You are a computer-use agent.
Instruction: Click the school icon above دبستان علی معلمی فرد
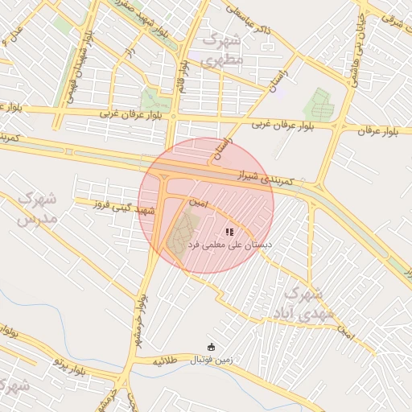tap(229, 232)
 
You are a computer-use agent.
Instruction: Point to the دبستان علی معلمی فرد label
tap(230, 243)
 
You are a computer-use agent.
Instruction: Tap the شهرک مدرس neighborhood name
tap(36, 208)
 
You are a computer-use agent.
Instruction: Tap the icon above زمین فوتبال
tap(211, 347)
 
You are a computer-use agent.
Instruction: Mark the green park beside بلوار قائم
tap(151, 100)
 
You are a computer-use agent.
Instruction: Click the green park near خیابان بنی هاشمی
tap(319, 105)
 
